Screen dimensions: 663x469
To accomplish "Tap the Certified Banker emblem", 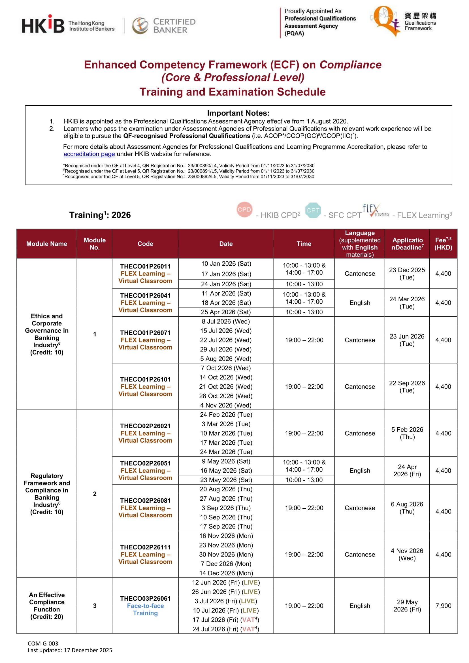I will [x=140, y=25].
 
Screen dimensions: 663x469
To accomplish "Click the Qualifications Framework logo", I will [x=404, y=21].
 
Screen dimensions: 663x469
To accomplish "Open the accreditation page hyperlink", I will [x=89, y=154].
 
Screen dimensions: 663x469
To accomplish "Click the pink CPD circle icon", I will [x=244, y=209].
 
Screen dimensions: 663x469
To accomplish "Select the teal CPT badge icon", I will [x=313, y=210].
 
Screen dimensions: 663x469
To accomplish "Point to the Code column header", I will [x=145, y=244].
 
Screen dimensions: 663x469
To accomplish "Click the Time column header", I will [x=304, y=244].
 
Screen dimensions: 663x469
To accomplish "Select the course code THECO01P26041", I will [x=145, y=295].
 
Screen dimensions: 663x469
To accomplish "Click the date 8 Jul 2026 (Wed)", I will [x=226, y=321].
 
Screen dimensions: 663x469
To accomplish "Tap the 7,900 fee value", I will [x=443, y=606].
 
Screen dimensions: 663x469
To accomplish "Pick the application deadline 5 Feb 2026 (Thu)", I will [x=407, y=433].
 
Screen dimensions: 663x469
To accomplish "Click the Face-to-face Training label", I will [x=145, y=609].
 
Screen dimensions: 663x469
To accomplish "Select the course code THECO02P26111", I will [x=145, y=547].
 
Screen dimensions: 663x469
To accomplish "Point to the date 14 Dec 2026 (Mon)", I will [x=226, y=573].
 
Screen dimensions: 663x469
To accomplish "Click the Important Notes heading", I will [x=238, y=113].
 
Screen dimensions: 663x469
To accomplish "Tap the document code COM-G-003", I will [x=43, y=643].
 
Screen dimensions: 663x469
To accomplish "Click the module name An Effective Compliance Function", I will [x=47, y=606].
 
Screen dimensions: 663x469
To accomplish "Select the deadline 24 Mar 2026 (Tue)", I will [x=407, y=303].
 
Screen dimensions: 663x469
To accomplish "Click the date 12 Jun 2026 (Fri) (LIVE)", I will [x=226, y=583].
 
